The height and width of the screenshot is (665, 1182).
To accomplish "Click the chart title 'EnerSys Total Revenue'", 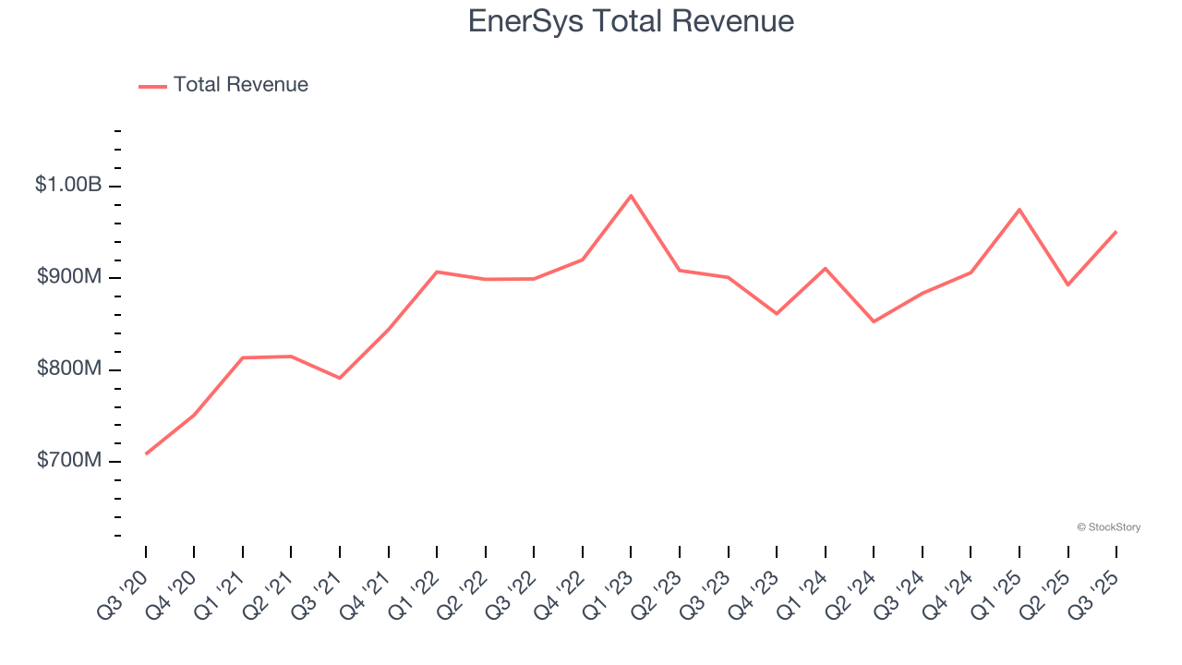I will (x=631, y=21).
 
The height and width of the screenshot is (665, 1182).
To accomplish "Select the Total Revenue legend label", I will (x=240, y=85).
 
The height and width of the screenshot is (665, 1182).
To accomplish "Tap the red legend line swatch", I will (x=152, y=86).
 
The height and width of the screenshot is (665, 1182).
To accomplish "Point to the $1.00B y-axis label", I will (x=68, y=185).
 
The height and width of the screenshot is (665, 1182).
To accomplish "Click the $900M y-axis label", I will (x=69, y=277).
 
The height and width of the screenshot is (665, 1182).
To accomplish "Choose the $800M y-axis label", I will (x=69, y=369).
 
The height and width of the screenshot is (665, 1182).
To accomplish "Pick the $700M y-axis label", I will (x=69, y=461).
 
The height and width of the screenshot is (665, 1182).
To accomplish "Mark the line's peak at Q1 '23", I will (x=631, y=196).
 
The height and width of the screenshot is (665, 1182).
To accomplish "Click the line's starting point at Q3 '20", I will (x=146, y=453).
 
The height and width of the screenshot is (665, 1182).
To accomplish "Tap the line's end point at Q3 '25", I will (x=1116, y=232).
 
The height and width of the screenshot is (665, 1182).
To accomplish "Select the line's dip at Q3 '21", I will (x=340, y=378).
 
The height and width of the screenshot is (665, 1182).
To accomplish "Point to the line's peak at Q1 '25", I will (x=1019, y=210).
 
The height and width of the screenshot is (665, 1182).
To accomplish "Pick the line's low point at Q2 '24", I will (x=874, y=321).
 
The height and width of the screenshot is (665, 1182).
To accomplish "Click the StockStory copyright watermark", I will (x=1108, y=527).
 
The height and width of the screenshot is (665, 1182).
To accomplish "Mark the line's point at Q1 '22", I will (x=437, y=272).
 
